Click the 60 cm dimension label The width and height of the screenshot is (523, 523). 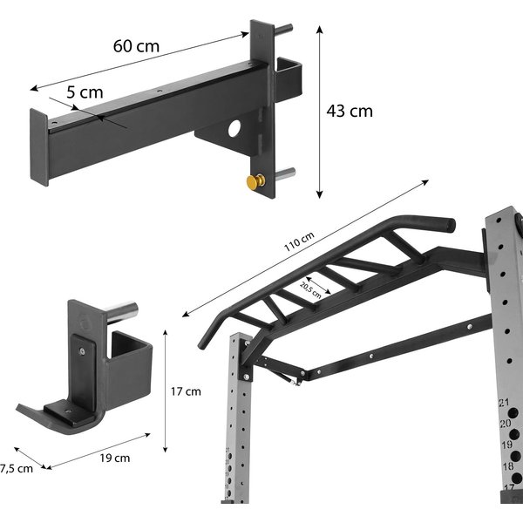tap(136, 46)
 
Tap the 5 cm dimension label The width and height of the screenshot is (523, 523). tap(85, 92)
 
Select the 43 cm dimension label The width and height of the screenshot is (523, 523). tap(350, 111)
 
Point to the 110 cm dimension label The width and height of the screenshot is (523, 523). tap(299, 241)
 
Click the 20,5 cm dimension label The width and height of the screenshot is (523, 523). tap(310, 290)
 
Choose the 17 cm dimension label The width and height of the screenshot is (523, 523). tap(186, 391)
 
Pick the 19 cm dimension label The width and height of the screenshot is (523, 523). tap(115, 458)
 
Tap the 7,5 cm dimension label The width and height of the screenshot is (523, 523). tap(17, 469)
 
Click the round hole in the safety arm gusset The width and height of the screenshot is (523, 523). tap(234, 128)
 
